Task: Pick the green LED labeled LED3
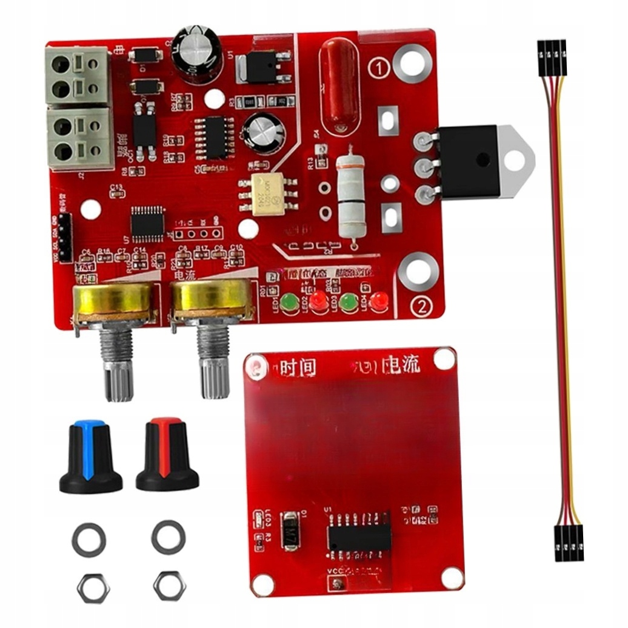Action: click(349, 301)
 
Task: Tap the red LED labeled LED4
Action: click(379, 300)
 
